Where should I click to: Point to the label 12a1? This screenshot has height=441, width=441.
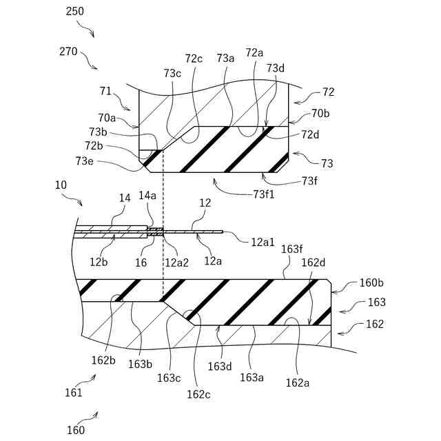pyautogui.click(x=263, y=241)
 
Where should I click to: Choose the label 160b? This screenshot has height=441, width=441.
pyautogui.click(x=372, y=283)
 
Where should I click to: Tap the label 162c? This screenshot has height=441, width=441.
pyautogui.click(x=198, y=393)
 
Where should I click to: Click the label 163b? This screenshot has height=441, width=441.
pyautogui.click(x=139, y=364)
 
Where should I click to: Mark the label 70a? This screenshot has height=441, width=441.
pyautogui.click(x=107, y=117)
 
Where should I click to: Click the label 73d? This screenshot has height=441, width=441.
pyautogui.click(x=276, y=68)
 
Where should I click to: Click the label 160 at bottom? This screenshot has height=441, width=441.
pyautogui.click(x=76, y=430)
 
